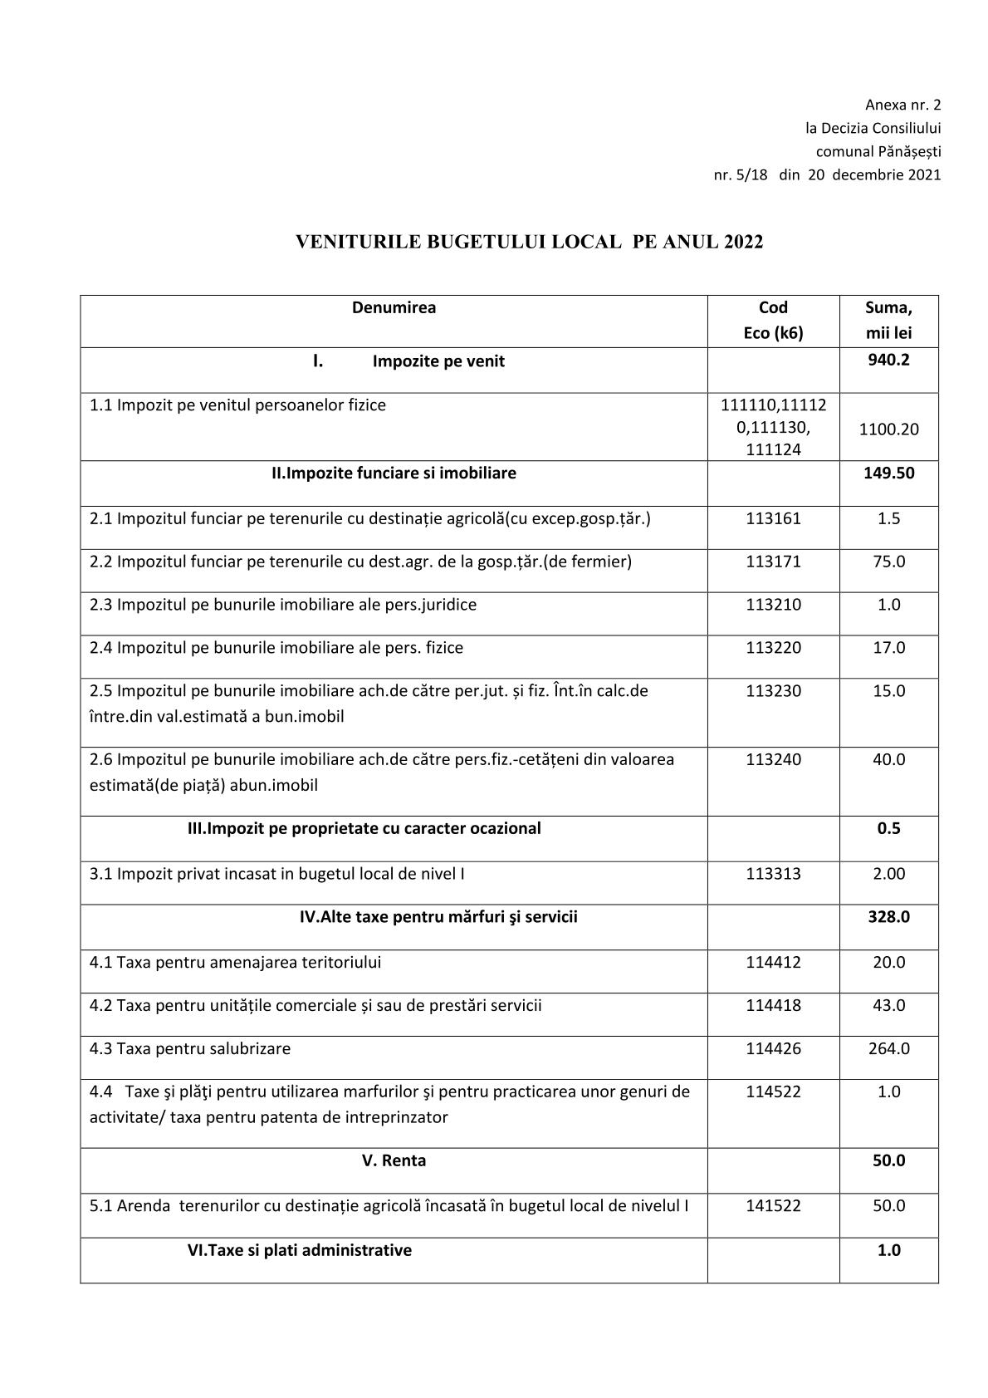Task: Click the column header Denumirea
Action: click(x=394, y=307)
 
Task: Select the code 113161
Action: click(x=773, y=518)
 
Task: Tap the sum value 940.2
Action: click(x=888, y=360)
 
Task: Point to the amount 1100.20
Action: click(x=888, y=429)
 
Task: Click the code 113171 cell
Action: click(x=773, y=562)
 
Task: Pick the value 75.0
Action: click(x=888, y=562)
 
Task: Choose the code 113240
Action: click(x=773, y=759)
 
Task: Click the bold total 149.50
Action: click(x=888, y=473)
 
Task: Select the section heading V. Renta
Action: click(x=394, y=1160)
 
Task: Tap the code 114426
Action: click(x=773, y=1048)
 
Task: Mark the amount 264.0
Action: click(x=888, y=1048)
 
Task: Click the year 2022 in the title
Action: click(x=742, y=242)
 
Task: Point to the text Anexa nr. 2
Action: click(x=902, y=105)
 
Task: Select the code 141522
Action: click(x=773, y=1205)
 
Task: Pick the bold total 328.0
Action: click(x=888, y=917)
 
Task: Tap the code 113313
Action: click(x=773, y=874)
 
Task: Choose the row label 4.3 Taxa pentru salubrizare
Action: click(x=190, y=1048)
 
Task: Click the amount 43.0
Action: click(x=888, y=1005)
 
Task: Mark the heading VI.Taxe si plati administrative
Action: click(x=299, y=1250)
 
